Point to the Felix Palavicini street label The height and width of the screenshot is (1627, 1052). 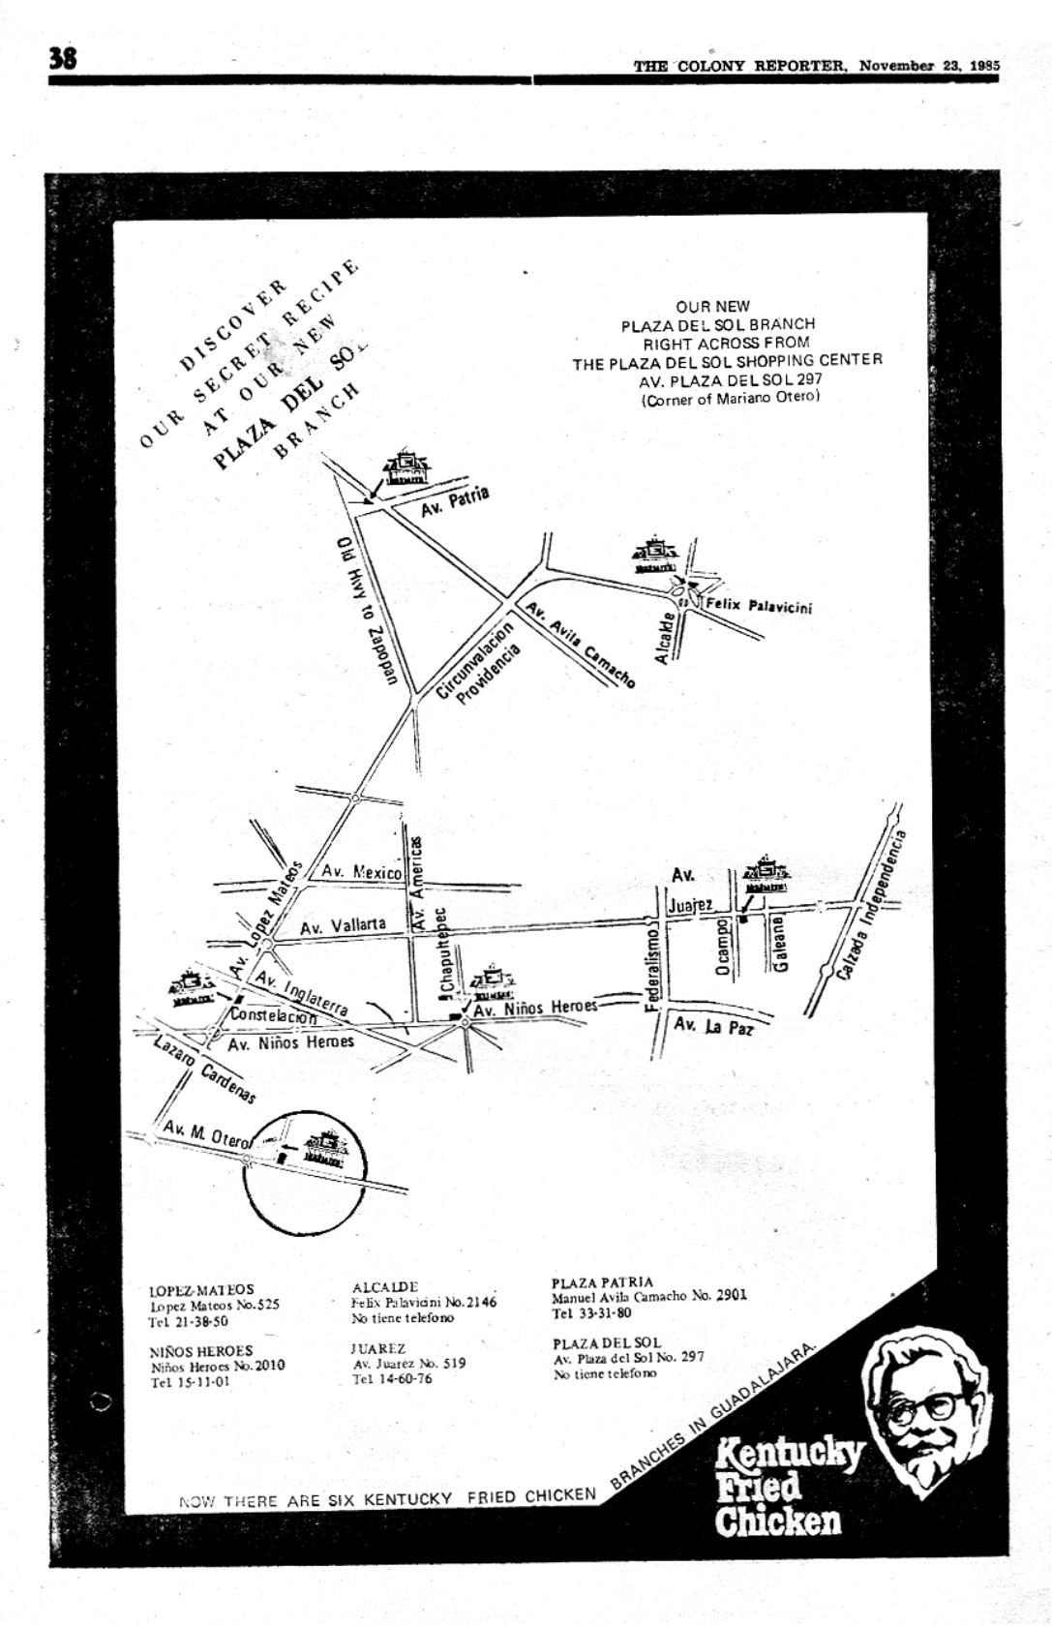(758, 606)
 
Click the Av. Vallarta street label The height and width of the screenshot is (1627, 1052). (343, 926)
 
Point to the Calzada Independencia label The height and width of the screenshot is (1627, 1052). (872, 904)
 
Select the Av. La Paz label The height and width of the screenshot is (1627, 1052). (713, 1026)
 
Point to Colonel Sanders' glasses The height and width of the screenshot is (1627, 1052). (926, 1405)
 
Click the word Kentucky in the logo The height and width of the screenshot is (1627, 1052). (790, 1455)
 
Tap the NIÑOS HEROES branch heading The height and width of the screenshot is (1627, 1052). (200, 1351)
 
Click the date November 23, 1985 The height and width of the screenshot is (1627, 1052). (928, 66)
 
